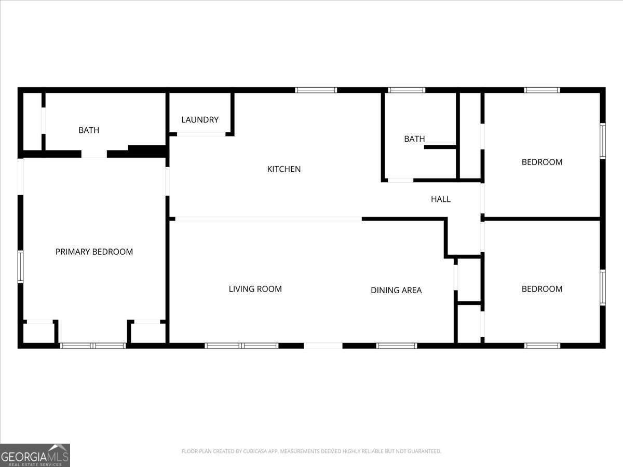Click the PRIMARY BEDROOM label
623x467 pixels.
click(x=94, y=252)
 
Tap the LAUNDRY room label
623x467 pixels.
click(x=200, y=120)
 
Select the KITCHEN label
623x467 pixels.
click(x=283, y=169)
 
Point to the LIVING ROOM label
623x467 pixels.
click(x=255, y=289)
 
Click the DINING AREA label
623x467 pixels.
click(x=396, y=290)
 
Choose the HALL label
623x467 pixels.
click(x=441, y=199)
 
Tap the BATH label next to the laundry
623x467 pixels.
click(x=89, y=130)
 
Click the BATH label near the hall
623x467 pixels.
click(x=414, y=139)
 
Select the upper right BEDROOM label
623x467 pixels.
click(x=542, y=162)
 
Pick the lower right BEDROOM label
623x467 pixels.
click(x=542, y=289)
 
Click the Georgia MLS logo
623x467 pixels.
click(x=35, y=455)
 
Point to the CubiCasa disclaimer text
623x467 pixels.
click(x=311, y=451)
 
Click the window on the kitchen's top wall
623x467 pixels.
click(x=316, y=90)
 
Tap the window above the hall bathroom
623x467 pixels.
click(x=407, y=90)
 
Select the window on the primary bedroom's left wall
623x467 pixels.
click(x=20, y=267)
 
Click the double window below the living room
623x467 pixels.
click(x=241, y=346)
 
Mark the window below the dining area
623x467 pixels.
click(x=397, y=346)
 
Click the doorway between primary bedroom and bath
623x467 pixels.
click(x=94, y=154)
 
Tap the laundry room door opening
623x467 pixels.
click(x=201, y=134)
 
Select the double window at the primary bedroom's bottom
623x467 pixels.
click(x=93, y=346)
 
